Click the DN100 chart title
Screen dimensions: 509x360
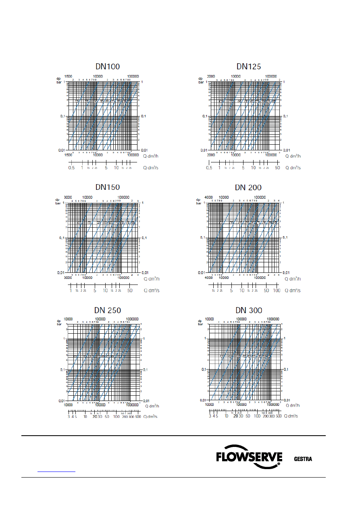click(107, 67)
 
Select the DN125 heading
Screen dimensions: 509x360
click(249, 66)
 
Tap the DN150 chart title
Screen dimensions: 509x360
click(107, 187)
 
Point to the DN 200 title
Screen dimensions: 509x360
click(248, 187)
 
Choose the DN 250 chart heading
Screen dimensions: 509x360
click(107, 310)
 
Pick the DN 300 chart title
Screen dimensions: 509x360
click(249, 310)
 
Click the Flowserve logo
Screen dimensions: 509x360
click(248, 457)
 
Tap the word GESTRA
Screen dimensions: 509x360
click(303, 459)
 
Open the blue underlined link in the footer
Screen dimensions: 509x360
click(56, 471)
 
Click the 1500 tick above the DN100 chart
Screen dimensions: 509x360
click(69, 77)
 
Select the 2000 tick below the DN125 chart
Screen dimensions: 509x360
click(211, 156)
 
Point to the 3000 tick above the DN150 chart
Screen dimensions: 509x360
click(69, 197)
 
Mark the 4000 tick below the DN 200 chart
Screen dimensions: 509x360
click(208, 278)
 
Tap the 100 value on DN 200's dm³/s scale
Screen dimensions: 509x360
click(277, 290)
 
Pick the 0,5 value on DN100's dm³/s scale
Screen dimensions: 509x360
click(71, 168)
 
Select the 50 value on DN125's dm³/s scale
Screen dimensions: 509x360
click(277, 168)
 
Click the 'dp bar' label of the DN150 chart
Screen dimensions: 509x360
click(58, 201)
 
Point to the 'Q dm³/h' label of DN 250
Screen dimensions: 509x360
click(152, 406)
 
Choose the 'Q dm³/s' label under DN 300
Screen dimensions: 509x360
click(291, 416)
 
